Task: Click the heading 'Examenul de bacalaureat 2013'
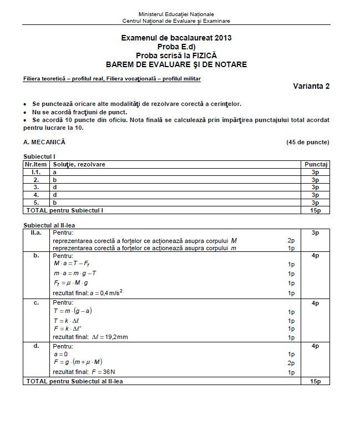coord(176,38)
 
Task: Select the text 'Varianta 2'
coord(311,86)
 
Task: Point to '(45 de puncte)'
coord(307,142)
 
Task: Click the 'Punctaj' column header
coord(316,165)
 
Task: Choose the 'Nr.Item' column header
coord(36,165)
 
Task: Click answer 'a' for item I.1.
coord(54,173)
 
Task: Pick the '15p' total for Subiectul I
coord(316,210)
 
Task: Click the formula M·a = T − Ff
coord(72,264)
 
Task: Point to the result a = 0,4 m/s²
coord(88,292)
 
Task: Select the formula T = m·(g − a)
coord(73,311)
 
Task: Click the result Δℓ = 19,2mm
coord(84,337)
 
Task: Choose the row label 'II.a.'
coord(36,233)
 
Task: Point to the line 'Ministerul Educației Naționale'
coord(176,14)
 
